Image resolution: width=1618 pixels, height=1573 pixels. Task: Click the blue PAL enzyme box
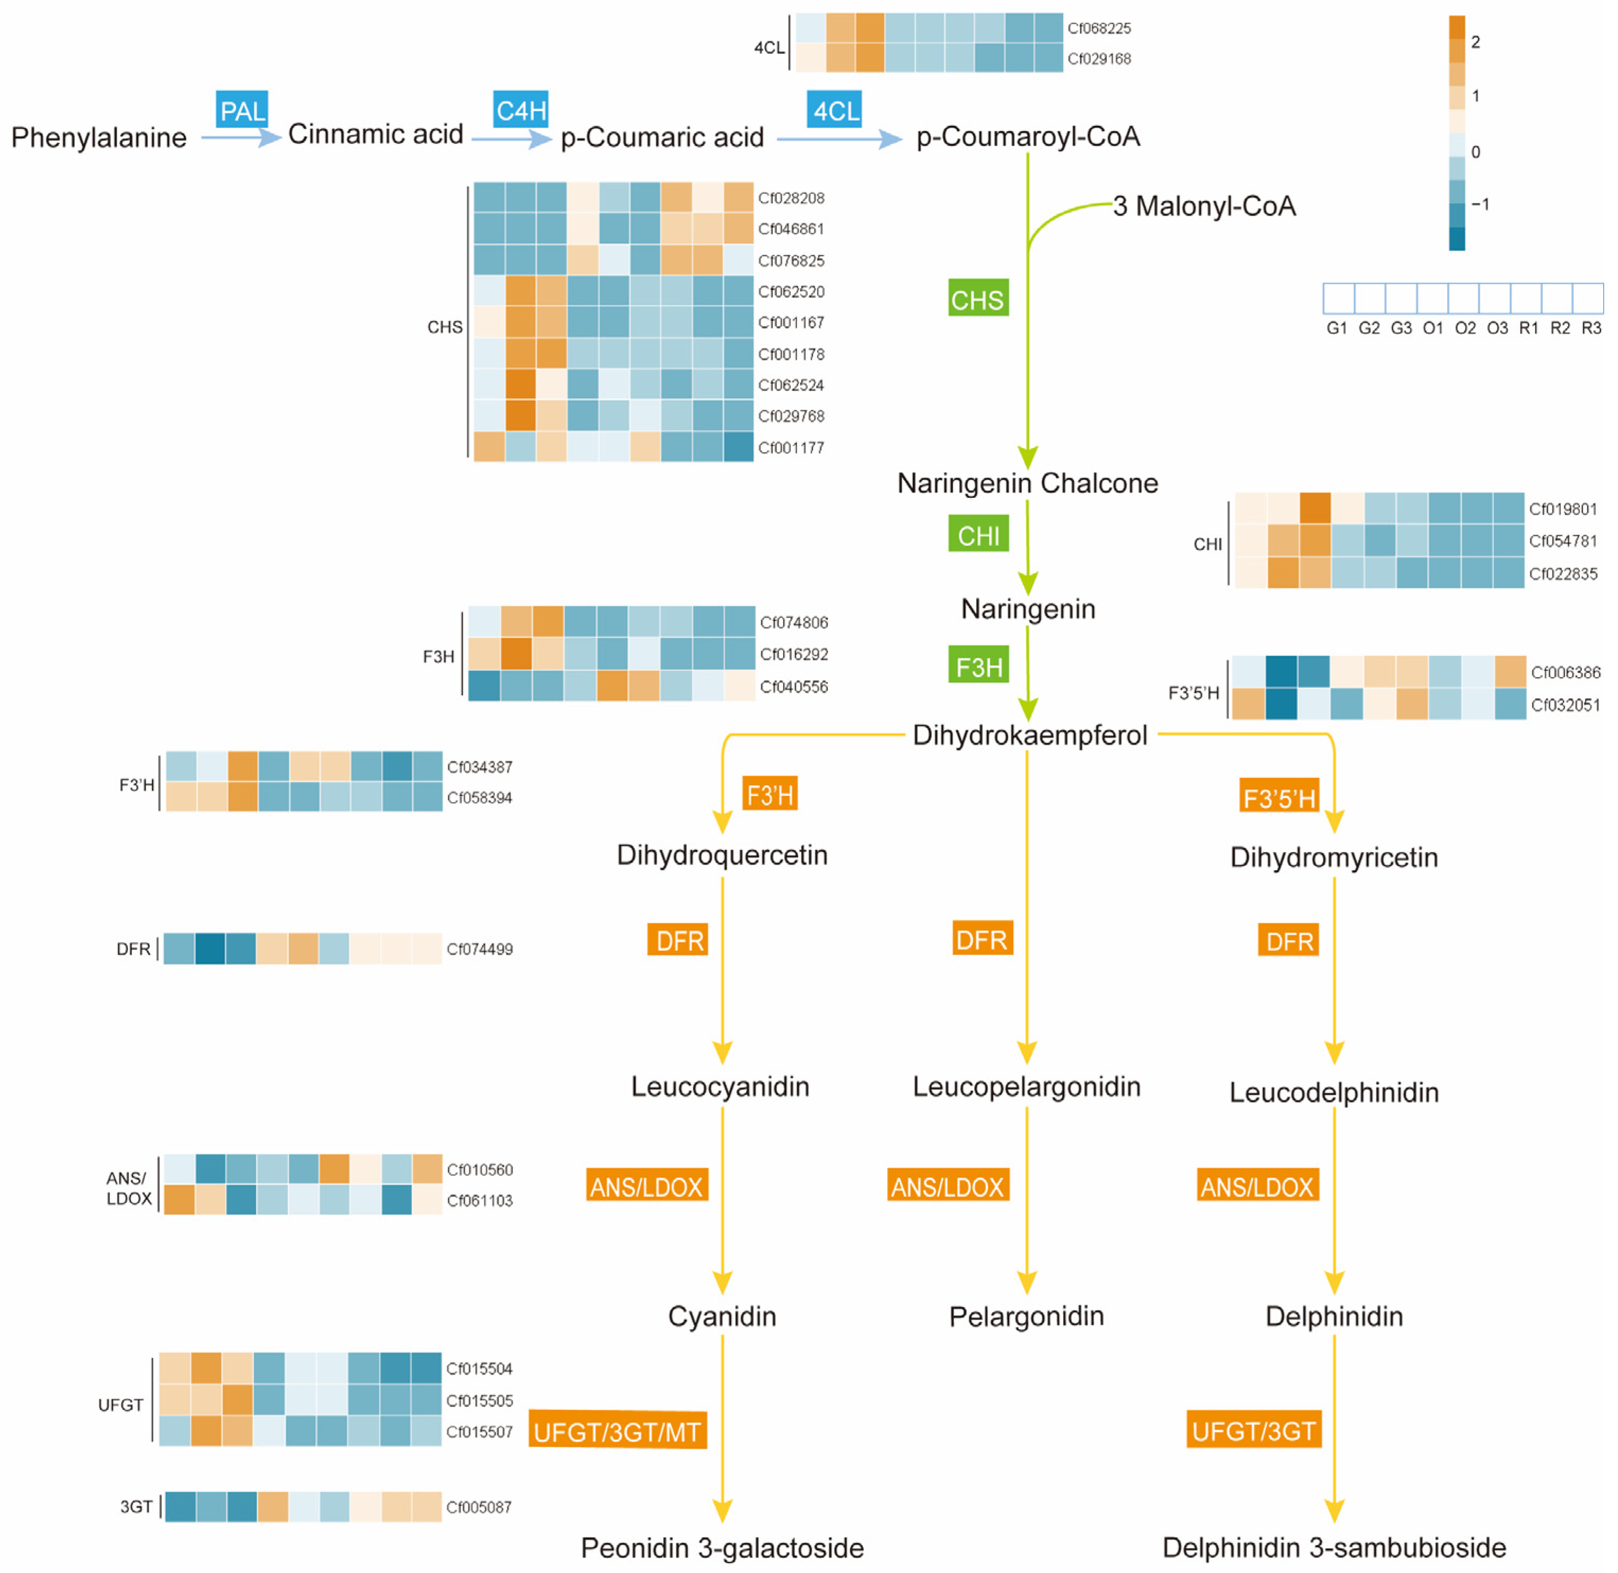pos(242,110)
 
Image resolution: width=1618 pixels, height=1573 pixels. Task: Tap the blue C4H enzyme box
pos(520,110)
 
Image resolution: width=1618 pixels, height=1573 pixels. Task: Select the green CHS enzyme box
pos(977,298)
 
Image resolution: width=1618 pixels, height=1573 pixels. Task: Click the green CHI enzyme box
pos(977,534)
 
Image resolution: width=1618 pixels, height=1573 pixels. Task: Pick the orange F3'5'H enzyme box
pos(1278,796)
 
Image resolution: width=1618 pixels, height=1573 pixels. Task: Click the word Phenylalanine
pos(99,137)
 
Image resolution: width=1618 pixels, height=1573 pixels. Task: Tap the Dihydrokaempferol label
pos(1029,734)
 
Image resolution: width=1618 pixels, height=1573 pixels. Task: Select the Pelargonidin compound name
pos(1026,1316)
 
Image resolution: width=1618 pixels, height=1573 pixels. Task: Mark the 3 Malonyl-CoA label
pos(1204,206)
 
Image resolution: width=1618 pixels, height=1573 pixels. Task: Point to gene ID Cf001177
pos(790,448)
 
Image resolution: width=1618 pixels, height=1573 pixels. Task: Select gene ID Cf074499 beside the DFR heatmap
pos(479,949)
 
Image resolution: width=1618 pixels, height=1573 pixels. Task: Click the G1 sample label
pos(1337,328)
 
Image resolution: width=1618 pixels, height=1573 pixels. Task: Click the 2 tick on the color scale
pos(1475,42)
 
